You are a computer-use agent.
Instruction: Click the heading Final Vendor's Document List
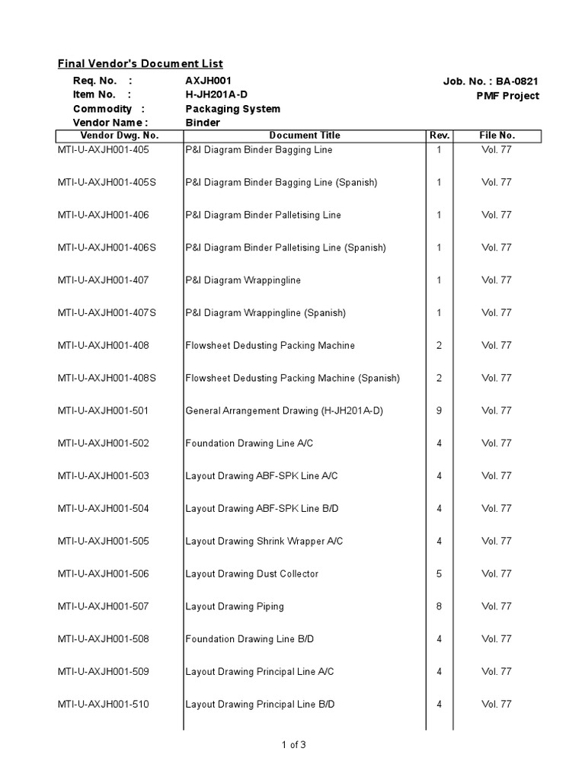point(141,64)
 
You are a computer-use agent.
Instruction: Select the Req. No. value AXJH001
point(208,81)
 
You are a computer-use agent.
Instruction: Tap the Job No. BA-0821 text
point(491,82)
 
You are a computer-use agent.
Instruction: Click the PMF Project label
point(507,96)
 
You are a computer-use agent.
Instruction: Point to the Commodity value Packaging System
point(232,109)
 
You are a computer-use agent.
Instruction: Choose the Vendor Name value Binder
point(203,123)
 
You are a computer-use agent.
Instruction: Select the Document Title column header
point(305,136)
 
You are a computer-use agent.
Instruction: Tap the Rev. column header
point(440,136)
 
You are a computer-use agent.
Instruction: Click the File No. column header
point(497,136)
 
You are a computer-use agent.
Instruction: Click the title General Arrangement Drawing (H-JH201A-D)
point(284,411)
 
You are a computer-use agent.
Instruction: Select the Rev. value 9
point(440,411)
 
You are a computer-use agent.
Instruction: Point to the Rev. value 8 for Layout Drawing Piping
point(440,607)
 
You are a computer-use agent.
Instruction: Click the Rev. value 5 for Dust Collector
point(440,574)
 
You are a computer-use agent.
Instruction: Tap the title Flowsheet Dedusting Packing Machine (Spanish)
point(292,379)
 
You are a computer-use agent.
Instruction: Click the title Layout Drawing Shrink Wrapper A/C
point(264,542)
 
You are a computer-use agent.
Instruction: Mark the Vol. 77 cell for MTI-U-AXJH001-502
point(497,443)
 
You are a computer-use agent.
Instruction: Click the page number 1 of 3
point(293,745)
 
